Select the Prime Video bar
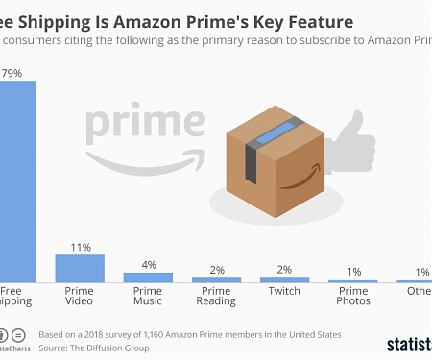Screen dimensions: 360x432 (80, 268)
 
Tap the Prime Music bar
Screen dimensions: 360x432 (148, 276)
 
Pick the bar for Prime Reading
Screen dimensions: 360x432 (216, 279)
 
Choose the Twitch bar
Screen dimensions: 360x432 (285, 279)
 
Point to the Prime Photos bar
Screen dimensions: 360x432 (353, 280)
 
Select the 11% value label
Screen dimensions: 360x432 (80, 247)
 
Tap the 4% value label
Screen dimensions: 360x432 (148, 265)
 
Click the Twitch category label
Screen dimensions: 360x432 (285, 290)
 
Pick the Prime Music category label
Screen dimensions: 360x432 (148, 296)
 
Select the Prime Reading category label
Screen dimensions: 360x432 (216, 296)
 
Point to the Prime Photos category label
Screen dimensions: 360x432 (353, 296)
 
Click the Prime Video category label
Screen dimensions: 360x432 (80, 296)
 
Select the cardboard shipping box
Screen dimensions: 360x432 (273, 158)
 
